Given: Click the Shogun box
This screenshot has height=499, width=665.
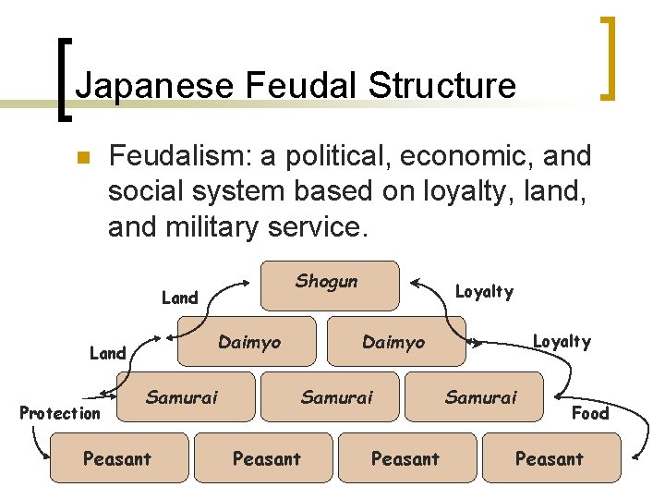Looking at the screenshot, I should [331, 284].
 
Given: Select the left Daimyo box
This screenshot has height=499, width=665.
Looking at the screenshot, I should [248, 343].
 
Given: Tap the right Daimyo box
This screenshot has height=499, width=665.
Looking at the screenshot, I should [394, 343].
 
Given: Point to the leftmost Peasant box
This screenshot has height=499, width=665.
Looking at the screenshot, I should [117, 457].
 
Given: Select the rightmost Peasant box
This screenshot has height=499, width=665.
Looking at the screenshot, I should [550, 457].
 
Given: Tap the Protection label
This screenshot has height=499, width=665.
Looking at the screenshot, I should [60, 413].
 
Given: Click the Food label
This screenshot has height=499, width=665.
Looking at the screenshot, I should [590, 413].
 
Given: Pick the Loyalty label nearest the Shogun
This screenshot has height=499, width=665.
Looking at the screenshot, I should [484, 292].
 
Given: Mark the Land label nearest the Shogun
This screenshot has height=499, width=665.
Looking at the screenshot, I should [179, 298].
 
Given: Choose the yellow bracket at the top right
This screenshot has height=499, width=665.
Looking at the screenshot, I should [608, 55].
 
